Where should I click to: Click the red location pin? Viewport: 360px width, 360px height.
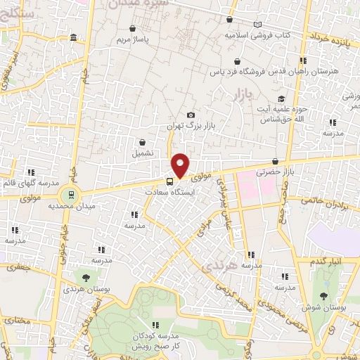coord(181,165)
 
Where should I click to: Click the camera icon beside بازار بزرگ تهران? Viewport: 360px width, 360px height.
coord(190,115)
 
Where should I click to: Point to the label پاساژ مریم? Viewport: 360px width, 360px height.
coord(133,39)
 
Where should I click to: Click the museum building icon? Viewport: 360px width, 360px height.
coord(74,35)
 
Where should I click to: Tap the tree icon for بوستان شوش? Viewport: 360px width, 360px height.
coord(324,296)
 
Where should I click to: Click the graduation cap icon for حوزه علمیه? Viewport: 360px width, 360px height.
coord(282,99)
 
